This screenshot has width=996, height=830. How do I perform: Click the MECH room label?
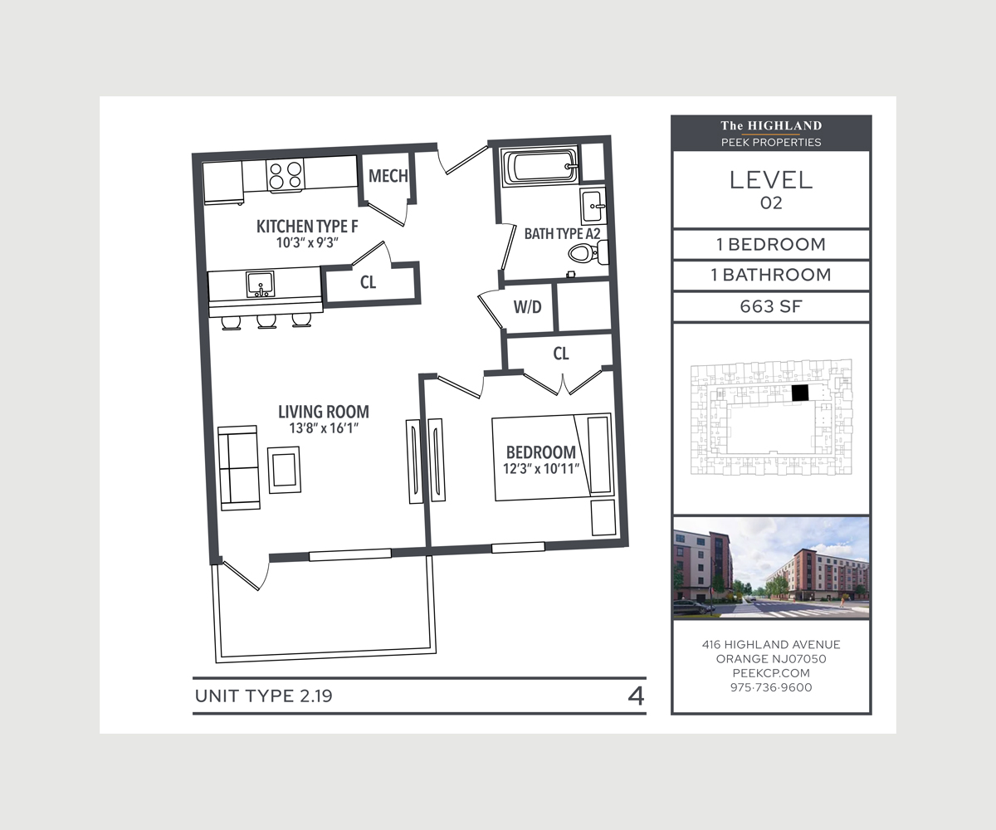click(388, 176)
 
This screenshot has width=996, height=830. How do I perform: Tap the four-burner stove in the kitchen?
click(286, 175)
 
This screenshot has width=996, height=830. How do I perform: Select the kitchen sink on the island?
click(261, 285)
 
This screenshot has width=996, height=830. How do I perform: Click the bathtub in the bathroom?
click(541, 165)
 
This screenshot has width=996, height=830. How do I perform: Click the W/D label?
click(528, 307)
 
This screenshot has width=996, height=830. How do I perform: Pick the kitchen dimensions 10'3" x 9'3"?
click(307, 243)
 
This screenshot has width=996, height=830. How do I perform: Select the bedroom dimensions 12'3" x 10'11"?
click(541, 469)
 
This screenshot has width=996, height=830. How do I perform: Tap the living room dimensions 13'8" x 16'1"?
click(324, 428)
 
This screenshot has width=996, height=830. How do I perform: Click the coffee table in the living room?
click(285, 470)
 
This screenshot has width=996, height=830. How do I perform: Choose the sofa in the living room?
click(238, 468)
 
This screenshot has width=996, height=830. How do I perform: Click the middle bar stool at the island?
click(266, 321)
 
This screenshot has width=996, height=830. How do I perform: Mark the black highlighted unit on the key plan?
click(800, 393)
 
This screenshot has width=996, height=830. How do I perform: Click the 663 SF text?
click(771, 306)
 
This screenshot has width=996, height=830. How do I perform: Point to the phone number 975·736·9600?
click(771, 687)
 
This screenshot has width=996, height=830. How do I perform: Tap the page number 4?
click(636, 696)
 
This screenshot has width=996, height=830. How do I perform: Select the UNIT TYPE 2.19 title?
click(263, 696)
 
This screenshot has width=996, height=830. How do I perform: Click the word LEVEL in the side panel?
click(771, 180)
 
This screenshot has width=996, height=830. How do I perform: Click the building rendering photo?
click(771, 568)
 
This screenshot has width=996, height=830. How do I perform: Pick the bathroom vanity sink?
click(593, 206)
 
